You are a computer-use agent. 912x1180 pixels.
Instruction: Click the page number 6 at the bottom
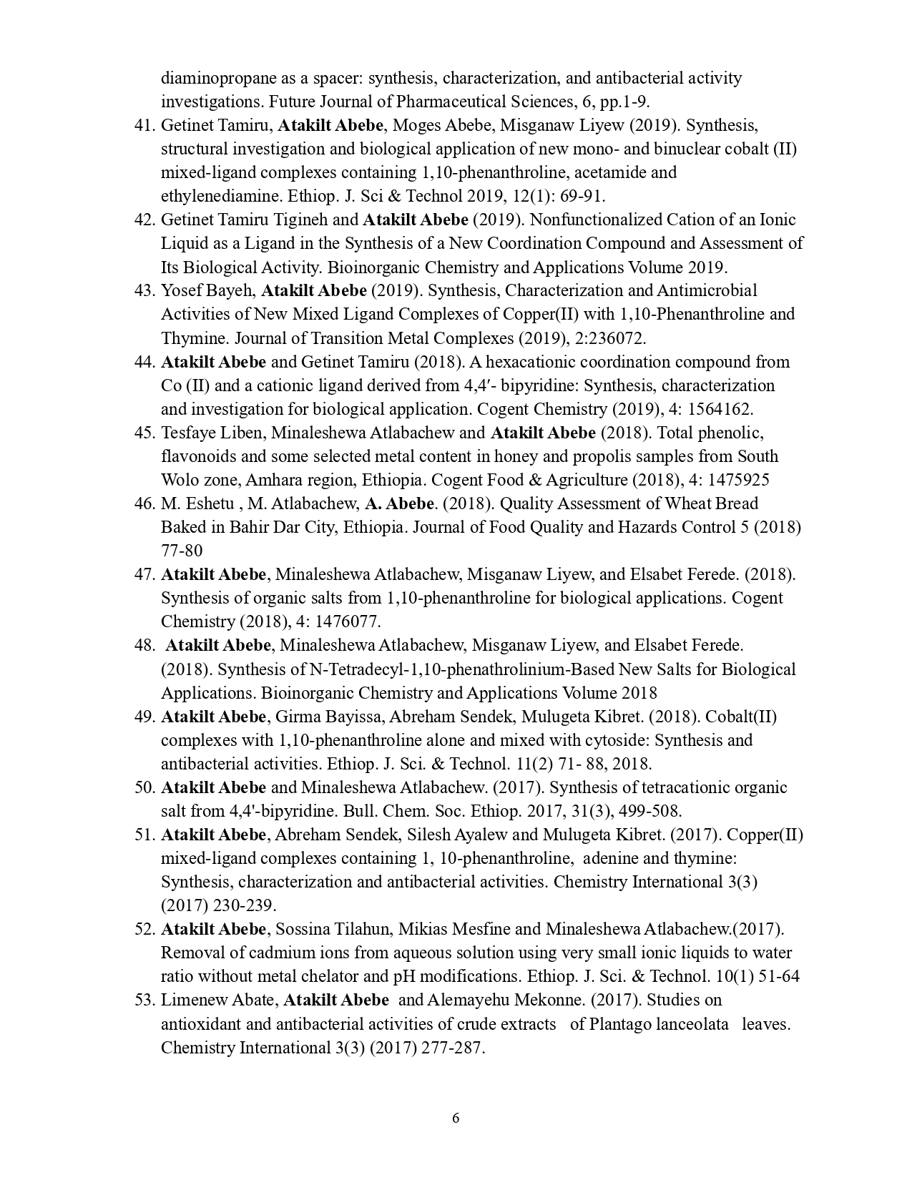click(x=456, y=1118)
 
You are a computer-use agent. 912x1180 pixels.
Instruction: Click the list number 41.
click(x=144, y=126)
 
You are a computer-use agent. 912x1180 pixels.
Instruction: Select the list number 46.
click(x=144, y=504)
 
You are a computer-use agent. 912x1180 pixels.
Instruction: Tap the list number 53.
click(x=144, y=1000)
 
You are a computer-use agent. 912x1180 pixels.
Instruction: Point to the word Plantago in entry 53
click(x=615, y=1024)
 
